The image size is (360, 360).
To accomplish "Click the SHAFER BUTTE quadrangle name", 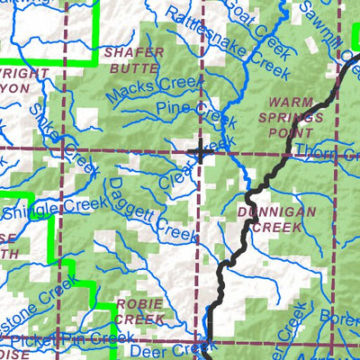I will (135, 59).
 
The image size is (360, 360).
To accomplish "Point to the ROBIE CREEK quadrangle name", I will (140, 310).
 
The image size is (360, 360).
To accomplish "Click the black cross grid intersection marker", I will (200, 150).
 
